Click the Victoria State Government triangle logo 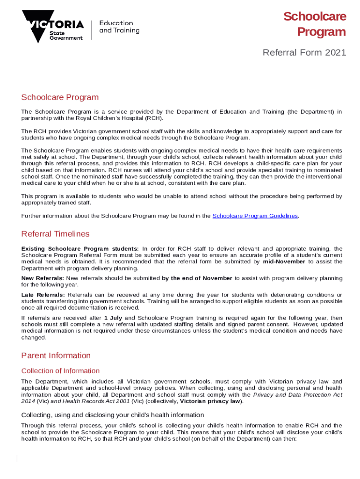point(37,26)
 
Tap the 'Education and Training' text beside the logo point(119,27)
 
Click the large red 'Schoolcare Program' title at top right point(315,24)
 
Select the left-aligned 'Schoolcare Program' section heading point(60,97)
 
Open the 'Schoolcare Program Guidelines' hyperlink point(255,216)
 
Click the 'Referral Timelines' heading point(55,234)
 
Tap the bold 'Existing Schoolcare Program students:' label point(80,248)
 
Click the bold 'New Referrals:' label point(43,278)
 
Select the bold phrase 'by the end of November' point(197,278)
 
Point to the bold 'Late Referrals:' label point(43,294)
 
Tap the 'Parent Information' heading point(56,356)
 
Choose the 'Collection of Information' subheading point(60,371)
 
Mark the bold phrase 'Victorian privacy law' point(210,401)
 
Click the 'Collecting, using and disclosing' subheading point(112,415)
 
